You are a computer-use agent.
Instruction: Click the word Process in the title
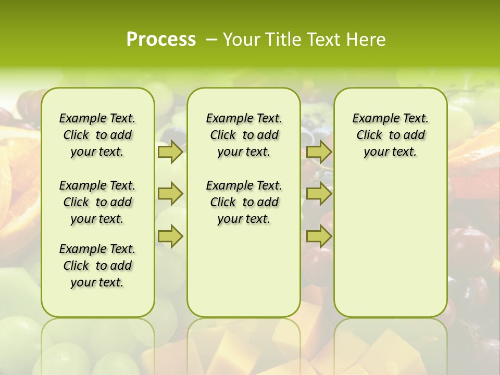pyautogui.click(x=161, y=40)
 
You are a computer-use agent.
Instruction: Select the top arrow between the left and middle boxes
pyautogui.click(x=170, y=152)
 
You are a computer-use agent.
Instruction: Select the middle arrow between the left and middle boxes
pyautogui.click(x=170, y=194)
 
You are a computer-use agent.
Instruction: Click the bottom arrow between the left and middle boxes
pyautogui.click(x=170, y=236)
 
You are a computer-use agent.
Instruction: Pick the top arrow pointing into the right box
pyautogui.click(x=319, y=152)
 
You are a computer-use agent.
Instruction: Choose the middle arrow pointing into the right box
pyautogui.click(x=319, y=194)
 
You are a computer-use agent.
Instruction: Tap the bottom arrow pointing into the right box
pyautogui.click(x=319, y=236)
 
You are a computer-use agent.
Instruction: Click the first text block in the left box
pyautogui.click(x=97, y=135)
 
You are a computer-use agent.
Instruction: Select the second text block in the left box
pyautogui.click(x=97, y=202)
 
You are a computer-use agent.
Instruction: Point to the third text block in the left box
pyautogui.click(x=97, y=266)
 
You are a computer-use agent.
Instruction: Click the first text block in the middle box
pyautogui.click(x=244, y=135)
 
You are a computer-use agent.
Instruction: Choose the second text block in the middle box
pyautogui.click(x=244, y=202)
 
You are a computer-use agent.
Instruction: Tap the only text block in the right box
pyautogui.click(x=391, y=135)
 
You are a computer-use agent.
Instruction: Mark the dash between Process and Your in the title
pyautogui.click(x=212, y=40)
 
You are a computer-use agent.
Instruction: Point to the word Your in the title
pyautogui.click(x=241, y=40)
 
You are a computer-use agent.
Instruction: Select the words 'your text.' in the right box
pyautogui.click(x=391, y=152)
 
